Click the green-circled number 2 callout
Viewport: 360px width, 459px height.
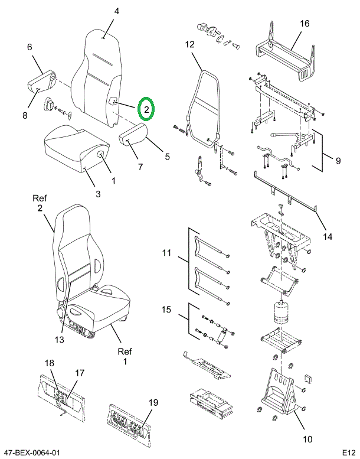point(146,109)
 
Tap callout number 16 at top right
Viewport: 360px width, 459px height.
point(305,23)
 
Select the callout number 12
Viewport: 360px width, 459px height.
point(189,44)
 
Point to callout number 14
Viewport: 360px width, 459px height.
point(328,236)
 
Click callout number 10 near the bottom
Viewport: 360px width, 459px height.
point(307,439)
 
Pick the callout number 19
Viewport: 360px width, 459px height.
point(153,402)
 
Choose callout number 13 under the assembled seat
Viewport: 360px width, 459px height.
point(59,340)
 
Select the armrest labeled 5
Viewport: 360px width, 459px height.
point(133,134)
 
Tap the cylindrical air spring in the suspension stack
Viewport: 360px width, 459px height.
point(281,312)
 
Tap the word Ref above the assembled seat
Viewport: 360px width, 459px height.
point(40,198)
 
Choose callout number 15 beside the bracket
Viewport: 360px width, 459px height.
point(166,310)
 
